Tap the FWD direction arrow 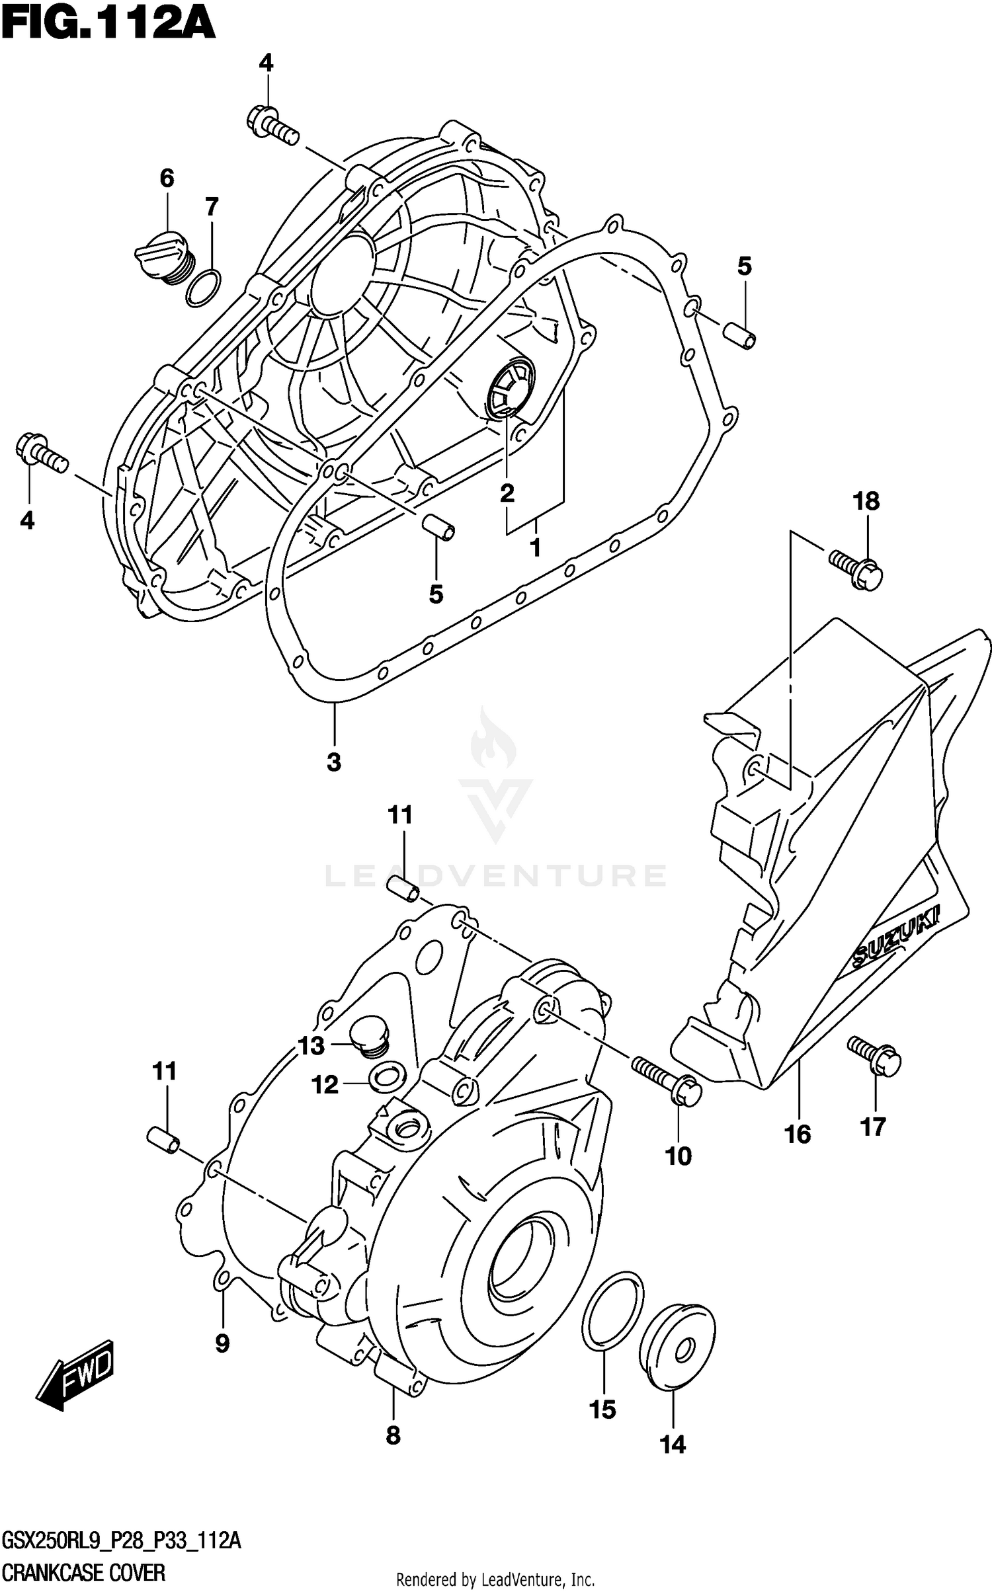(x=75, y=1374)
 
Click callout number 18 (x=866, y=502)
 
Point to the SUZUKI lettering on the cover (x=897, y=940)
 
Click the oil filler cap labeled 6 (x=165, y=257)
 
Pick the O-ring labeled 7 (x=204, y=288)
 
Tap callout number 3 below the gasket (x=333, y=762)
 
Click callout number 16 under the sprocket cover (x=798, y=1134)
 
